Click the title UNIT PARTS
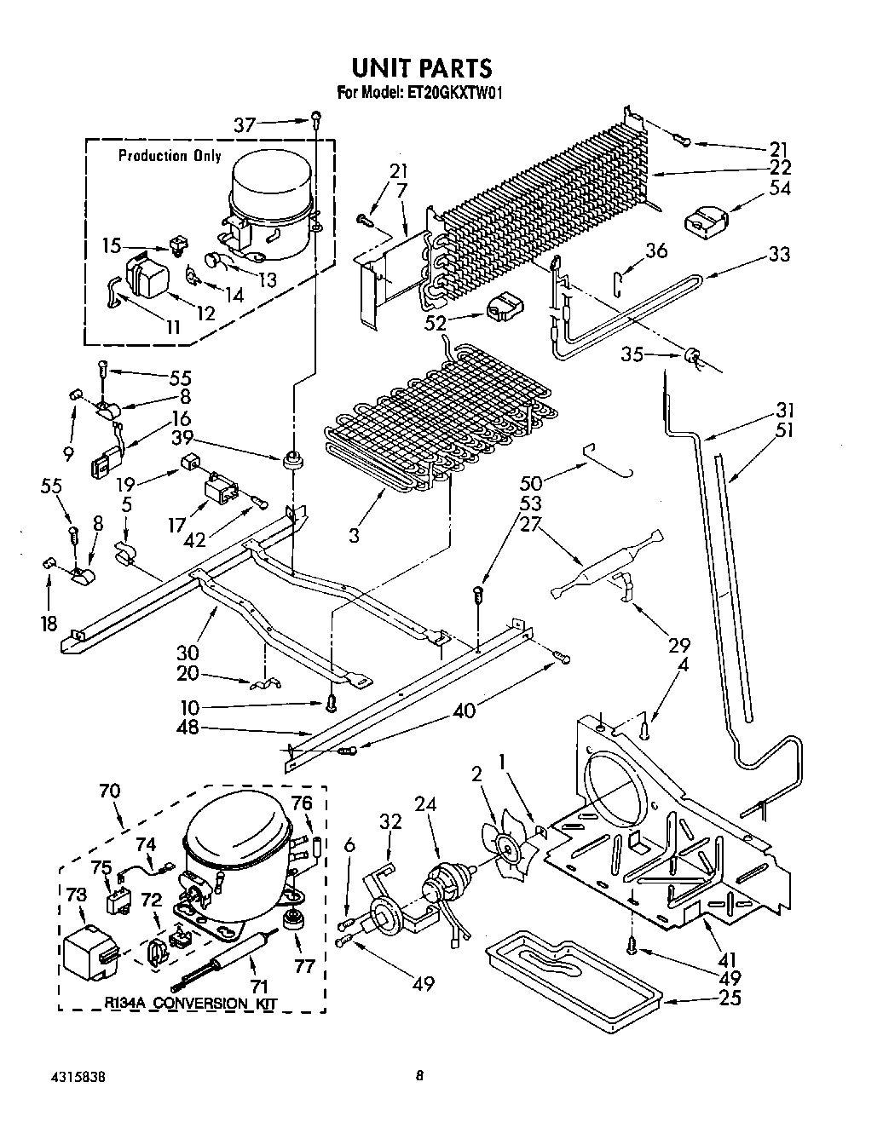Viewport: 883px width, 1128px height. click(422, 68)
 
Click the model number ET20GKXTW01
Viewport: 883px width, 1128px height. click(451, 94)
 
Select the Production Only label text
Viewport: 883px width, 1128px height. click(170, 156)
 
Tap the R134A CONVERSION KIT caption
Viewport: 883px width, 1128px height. click(191, 1004)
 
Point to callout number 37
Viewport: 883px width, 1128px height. click(245, 124)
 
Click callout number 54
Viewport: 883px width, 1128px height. click(779, 188)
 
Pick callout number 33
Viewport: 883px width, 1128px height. click(779, 255)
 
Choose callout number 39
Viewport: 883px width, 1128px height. click(182, 438)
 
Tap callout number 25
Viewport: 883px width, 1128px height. click(730, 999)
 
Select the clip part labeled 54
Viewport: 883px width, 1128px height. click(707, 222)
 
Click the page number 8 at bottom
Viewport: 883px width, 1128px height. click(419, 1075)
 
